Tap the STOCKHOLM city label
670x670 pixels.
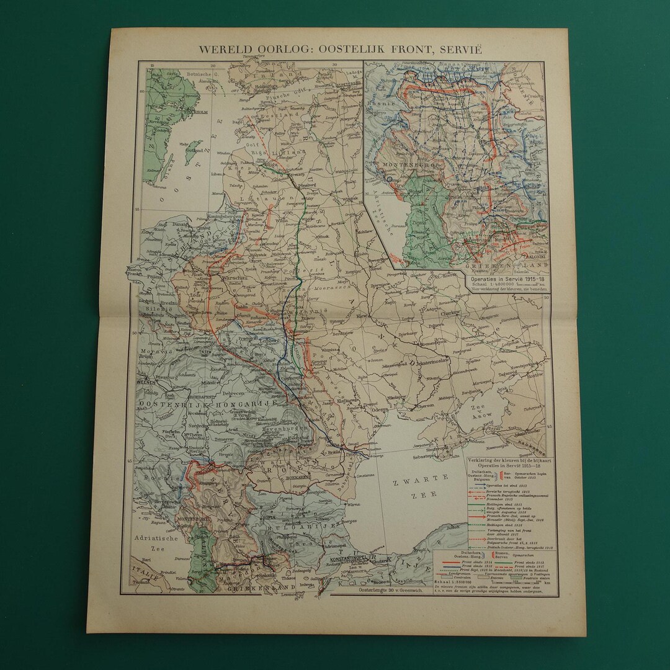177,113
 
